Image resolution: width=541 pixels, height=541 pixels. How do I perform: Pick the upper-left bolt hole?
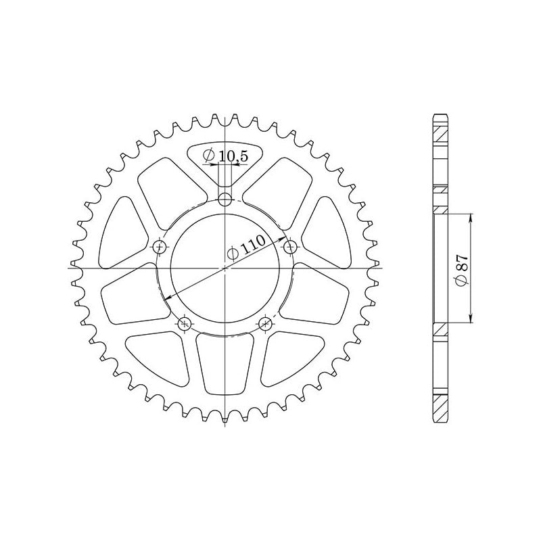[160, 245]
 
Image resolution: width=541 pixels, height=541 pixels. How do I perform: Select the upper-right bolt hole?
[290, 245]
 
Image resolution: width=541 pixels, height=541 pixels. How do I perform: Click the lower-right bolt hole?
[266, 324]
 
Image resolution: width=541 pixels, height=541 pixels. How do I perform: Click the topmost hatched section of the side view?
[440, 131]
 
